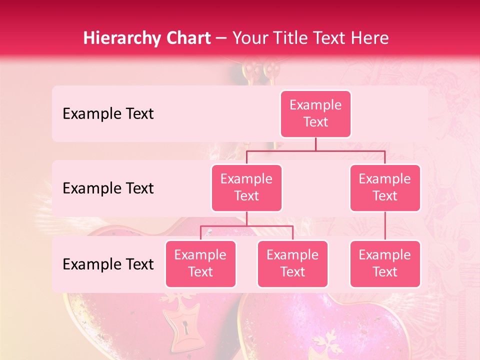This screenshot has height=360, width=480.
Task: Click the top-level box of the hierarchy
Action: click(x=315, y=113)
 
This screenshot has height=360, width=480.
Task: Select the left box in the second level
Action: click(x=246, y=187)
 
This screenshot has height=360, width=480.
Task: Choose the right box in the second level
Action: click(x=385, y=187)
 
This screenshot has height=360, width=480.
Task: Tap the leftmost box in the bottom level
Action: click(x=200, y=263)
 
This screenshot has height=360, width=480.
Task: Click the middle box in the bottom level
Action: click(x=292, y=263)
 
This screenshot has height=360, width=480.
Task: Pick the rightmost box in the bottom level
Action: click(x=385, y=263)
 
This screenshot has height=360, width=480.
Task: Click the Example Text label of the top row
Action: click(x=108, y=114)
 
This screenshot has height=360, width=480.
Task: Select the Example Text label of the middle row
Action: click(x=108, y=188)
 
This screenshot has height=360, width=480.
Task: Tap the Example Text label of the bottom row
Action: click(x=108, y=264)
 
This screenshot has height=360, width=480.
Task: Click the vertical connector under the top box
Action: click(x=315, y=144)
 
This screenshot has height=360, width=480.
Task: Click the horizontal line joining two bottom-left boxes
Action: click(x=246, y=226)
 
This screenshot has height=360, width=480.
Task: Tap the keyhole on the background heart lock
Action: click(x=186, y=328)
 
